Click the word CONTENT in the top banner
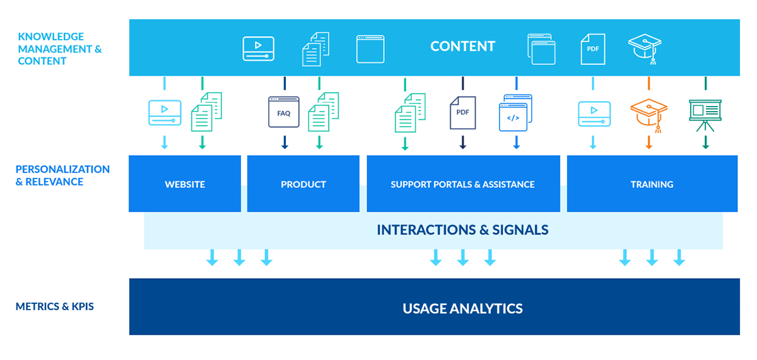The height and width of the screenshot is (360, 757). [x=462, y=46]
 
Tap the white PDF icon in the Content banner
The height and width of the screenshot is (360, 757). [x=593, y=49]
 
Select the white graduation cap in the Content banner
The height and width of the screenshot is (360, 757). [x=644, y=48]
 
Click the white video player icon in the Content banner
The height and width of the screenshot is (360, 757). [x=259, y=49]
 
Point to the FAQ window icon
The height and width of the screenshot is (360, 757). [x=284, y=112]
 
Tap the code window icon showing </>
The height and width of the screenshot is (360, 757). [x=516, y=113]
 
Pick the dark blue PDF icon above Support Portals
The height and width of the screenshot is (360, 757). [x=462, y=112]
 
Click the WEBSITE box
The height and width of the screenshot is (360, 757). [x=185, y=184]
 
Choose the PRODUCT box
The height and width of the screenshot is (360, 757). [x=303, y=184]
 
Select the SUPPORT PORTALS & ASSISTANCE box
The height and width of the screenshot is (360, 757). [x=462, y=184]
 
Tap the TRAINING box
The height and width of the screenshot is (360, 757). [x=652, y=184]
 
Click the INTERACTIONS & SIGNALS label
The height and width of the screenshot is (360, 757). [x=462, y=229]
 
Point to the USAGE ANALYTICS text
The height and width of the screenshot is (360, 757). [x=462, y=308]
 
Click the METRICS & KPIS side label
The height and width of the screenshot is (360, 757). [x=55, y=307]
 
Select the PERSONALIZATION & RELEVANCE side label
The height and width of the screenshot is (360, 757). [x=62, y=175]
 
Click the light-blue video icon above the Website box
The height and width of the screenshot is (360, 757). [x=165, y=113]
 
